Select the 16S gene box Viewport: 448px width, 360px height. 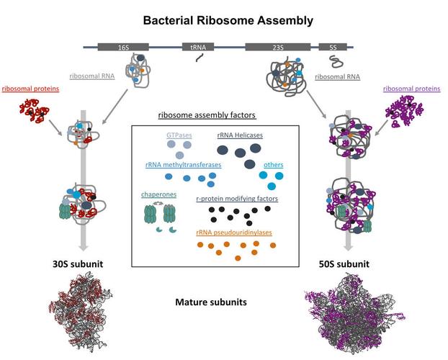[123, 48]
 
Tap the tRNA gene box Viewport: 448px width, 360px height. [197, 48]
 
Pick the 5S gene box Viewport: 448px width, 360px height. [332, 48]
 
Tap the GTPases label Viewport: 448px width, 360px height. [179, 134]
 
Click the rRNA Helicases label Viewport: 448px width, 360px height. [241, 134]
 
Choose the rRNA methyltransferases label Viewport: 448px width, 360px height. [183, 165]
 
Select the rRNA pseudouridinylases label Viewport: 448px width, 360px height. [234, 233]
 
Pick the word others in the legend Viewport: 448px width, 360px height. [274, 165]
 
